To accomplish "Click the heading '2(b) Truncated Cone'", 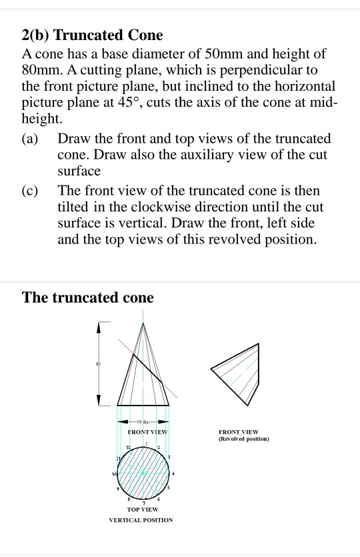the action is tap(93, 35).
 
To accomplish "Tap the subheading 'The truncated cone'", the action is tap(88, 298).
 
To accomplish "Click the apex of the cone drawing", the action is tap(143, 323).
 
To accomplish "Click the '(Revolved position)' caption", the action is tap(243, 440).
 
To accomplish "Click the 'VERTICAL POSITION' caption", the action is tap(141, 520).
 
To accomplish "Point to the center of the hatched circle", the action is tap(143, 472).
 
